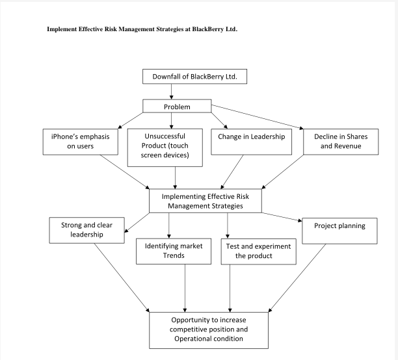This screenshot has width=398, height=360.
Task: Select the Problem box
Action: tap(177, 107)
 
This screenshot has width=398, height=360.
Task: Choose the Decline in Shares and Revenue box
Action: tap(332, 141)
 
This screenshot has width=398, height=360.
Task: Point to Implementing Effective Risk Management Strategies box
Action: tap(205, 201)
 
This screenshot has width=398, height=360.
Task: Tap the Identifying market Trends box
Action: tap(174, 251)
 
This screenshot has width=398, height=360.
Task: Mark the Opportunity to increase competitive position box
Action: tap(209, 329)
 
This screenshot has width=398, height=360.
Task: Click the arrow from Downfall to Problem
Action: tap(172, 92)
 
